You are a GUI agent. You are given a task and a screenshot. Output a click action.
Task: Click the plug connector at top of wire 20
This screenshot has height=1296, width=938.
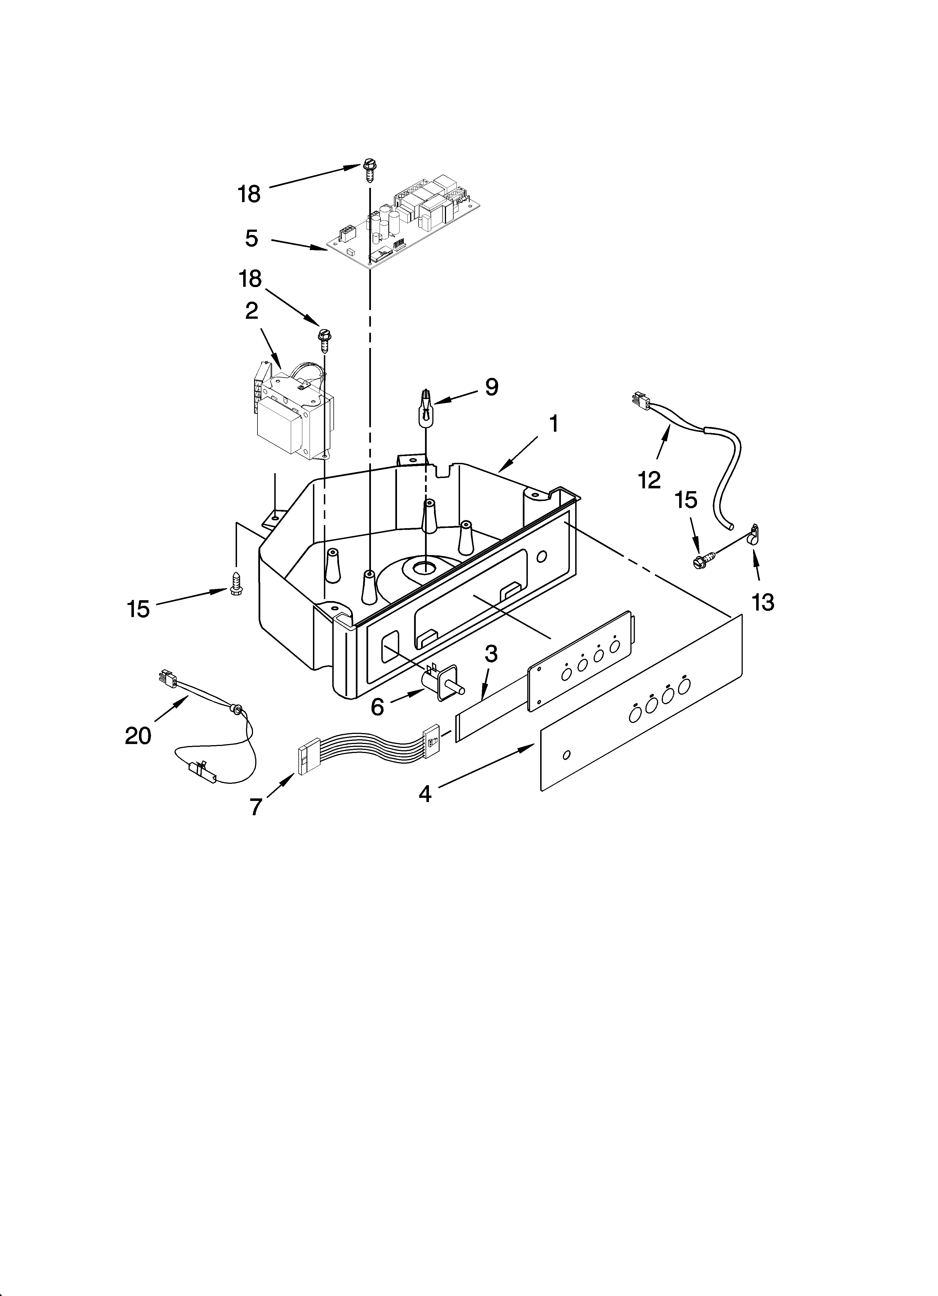coord(167,679)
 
